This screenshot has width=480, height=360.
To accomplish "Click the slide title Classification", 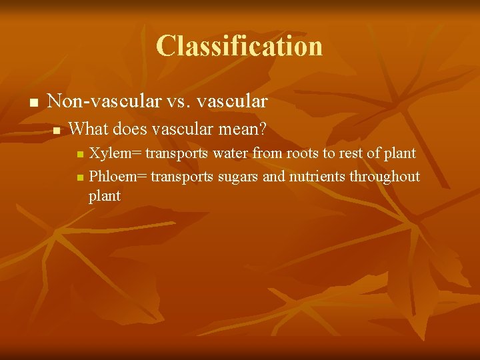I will click(x=239, y=46).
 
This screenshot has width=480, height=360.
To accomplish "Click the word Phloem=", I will click(x=118, y=176).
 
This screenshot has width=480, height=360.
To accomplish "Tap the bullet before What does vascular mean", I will click(x=57, y=129).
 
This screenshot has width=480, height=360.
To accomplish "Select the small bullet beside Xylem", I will click(x=80, y=155).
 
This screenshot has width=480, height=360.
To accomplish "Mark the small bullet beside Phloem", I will click(x=80, y=177).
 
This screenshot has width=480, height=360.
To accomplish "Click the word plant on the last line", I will click(x=105, y=196).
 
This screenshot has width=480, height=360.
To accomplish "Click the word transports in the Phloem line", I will click(x=182, y=176).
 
